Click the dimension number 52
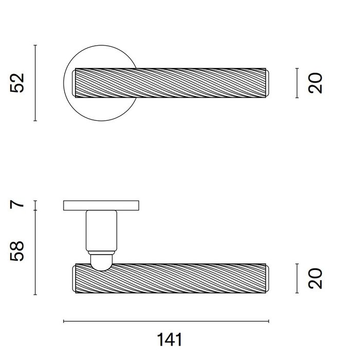18,83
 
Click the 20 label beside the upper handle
317,83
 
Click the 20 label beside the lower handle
317,279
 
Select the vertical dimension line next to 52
34,83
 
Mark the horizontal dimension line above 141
166,321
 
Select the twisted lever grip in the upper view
170,82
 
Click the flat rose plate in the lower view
100,206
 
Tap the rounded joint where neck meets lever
100,260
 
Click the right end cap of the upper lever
272,82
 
